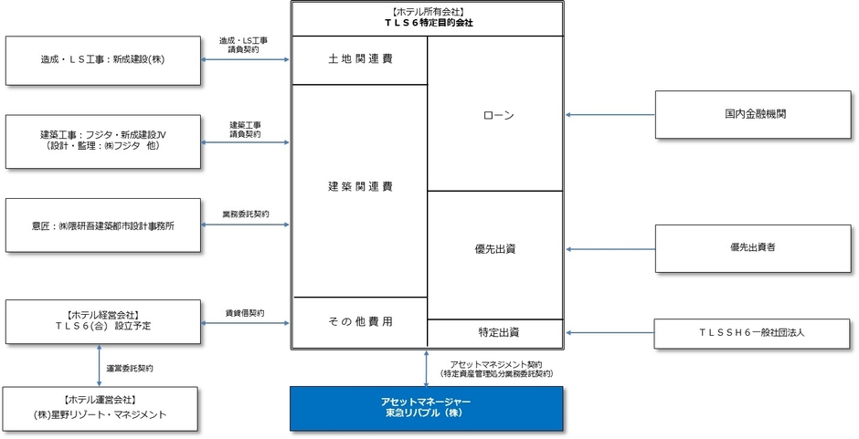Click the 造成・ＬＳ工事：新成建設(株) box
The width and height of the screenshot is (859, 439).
click(x=102, y=60)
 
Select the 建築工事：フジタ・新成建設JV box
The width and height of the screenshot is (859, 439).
click(x=102, y=140)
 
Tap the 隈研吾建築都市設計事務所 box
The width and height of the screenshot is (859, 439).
click(x=102, y=224)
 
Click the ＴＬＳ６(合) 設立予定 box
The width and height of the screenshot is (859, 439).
click(x=102, y=323)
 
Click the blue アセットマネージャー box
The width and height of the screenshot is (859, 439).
click(x=426, y=408)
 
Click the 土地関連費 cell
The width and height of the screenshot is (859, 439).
click(x=359, y=60)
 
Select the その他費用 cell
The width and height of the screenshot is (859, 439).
click(x=359, y=322)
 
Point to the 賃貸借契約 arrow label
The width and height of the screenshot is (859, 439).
click(x=245, y=313)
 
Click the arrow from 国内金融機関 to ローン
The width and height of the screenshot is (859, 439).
click(x=610, y=115)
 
